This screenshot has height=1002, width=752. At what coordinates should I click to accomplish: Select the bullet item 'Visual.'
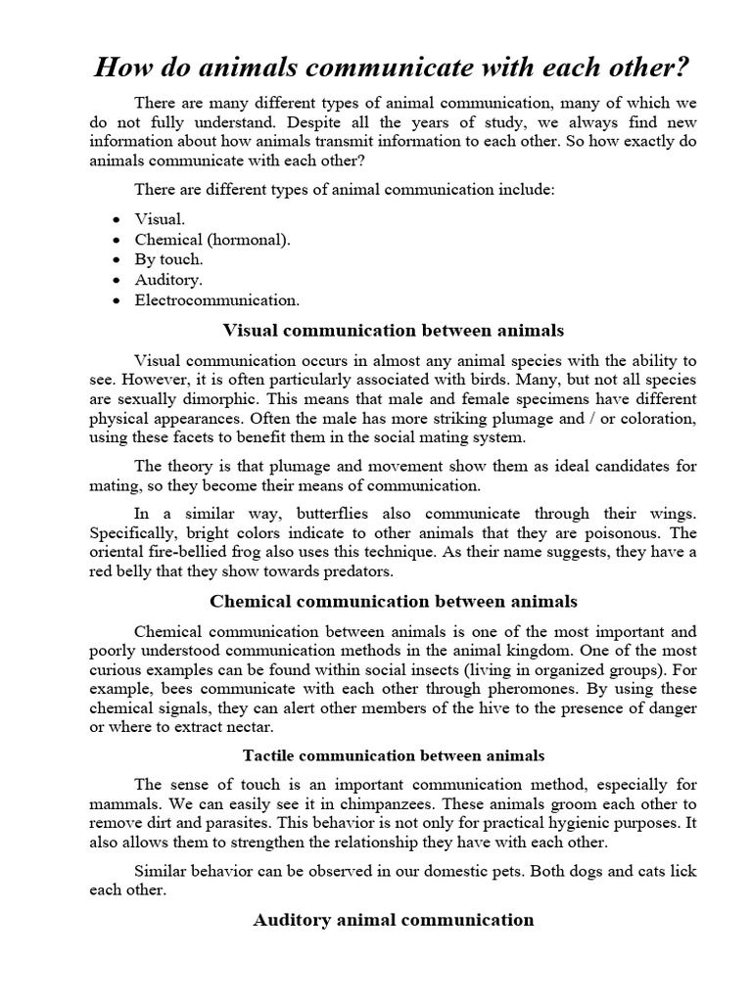click(160, 219)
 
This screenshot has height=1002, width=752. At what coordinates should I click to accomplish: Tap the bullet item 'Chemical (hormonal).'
click(212, 239)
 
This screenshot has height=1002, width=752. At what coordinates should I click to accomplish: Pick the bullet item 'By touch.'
click(168, 259)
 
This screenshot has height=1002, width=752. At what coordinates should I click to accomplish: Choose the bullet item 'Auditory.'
click(168, 280)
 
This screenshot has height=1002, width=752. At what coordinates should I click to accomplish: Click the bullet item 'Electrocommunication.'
click(217, 299)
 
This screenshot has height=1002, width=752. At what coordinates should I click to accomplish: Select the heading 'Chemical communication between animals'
click(394, 600)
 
